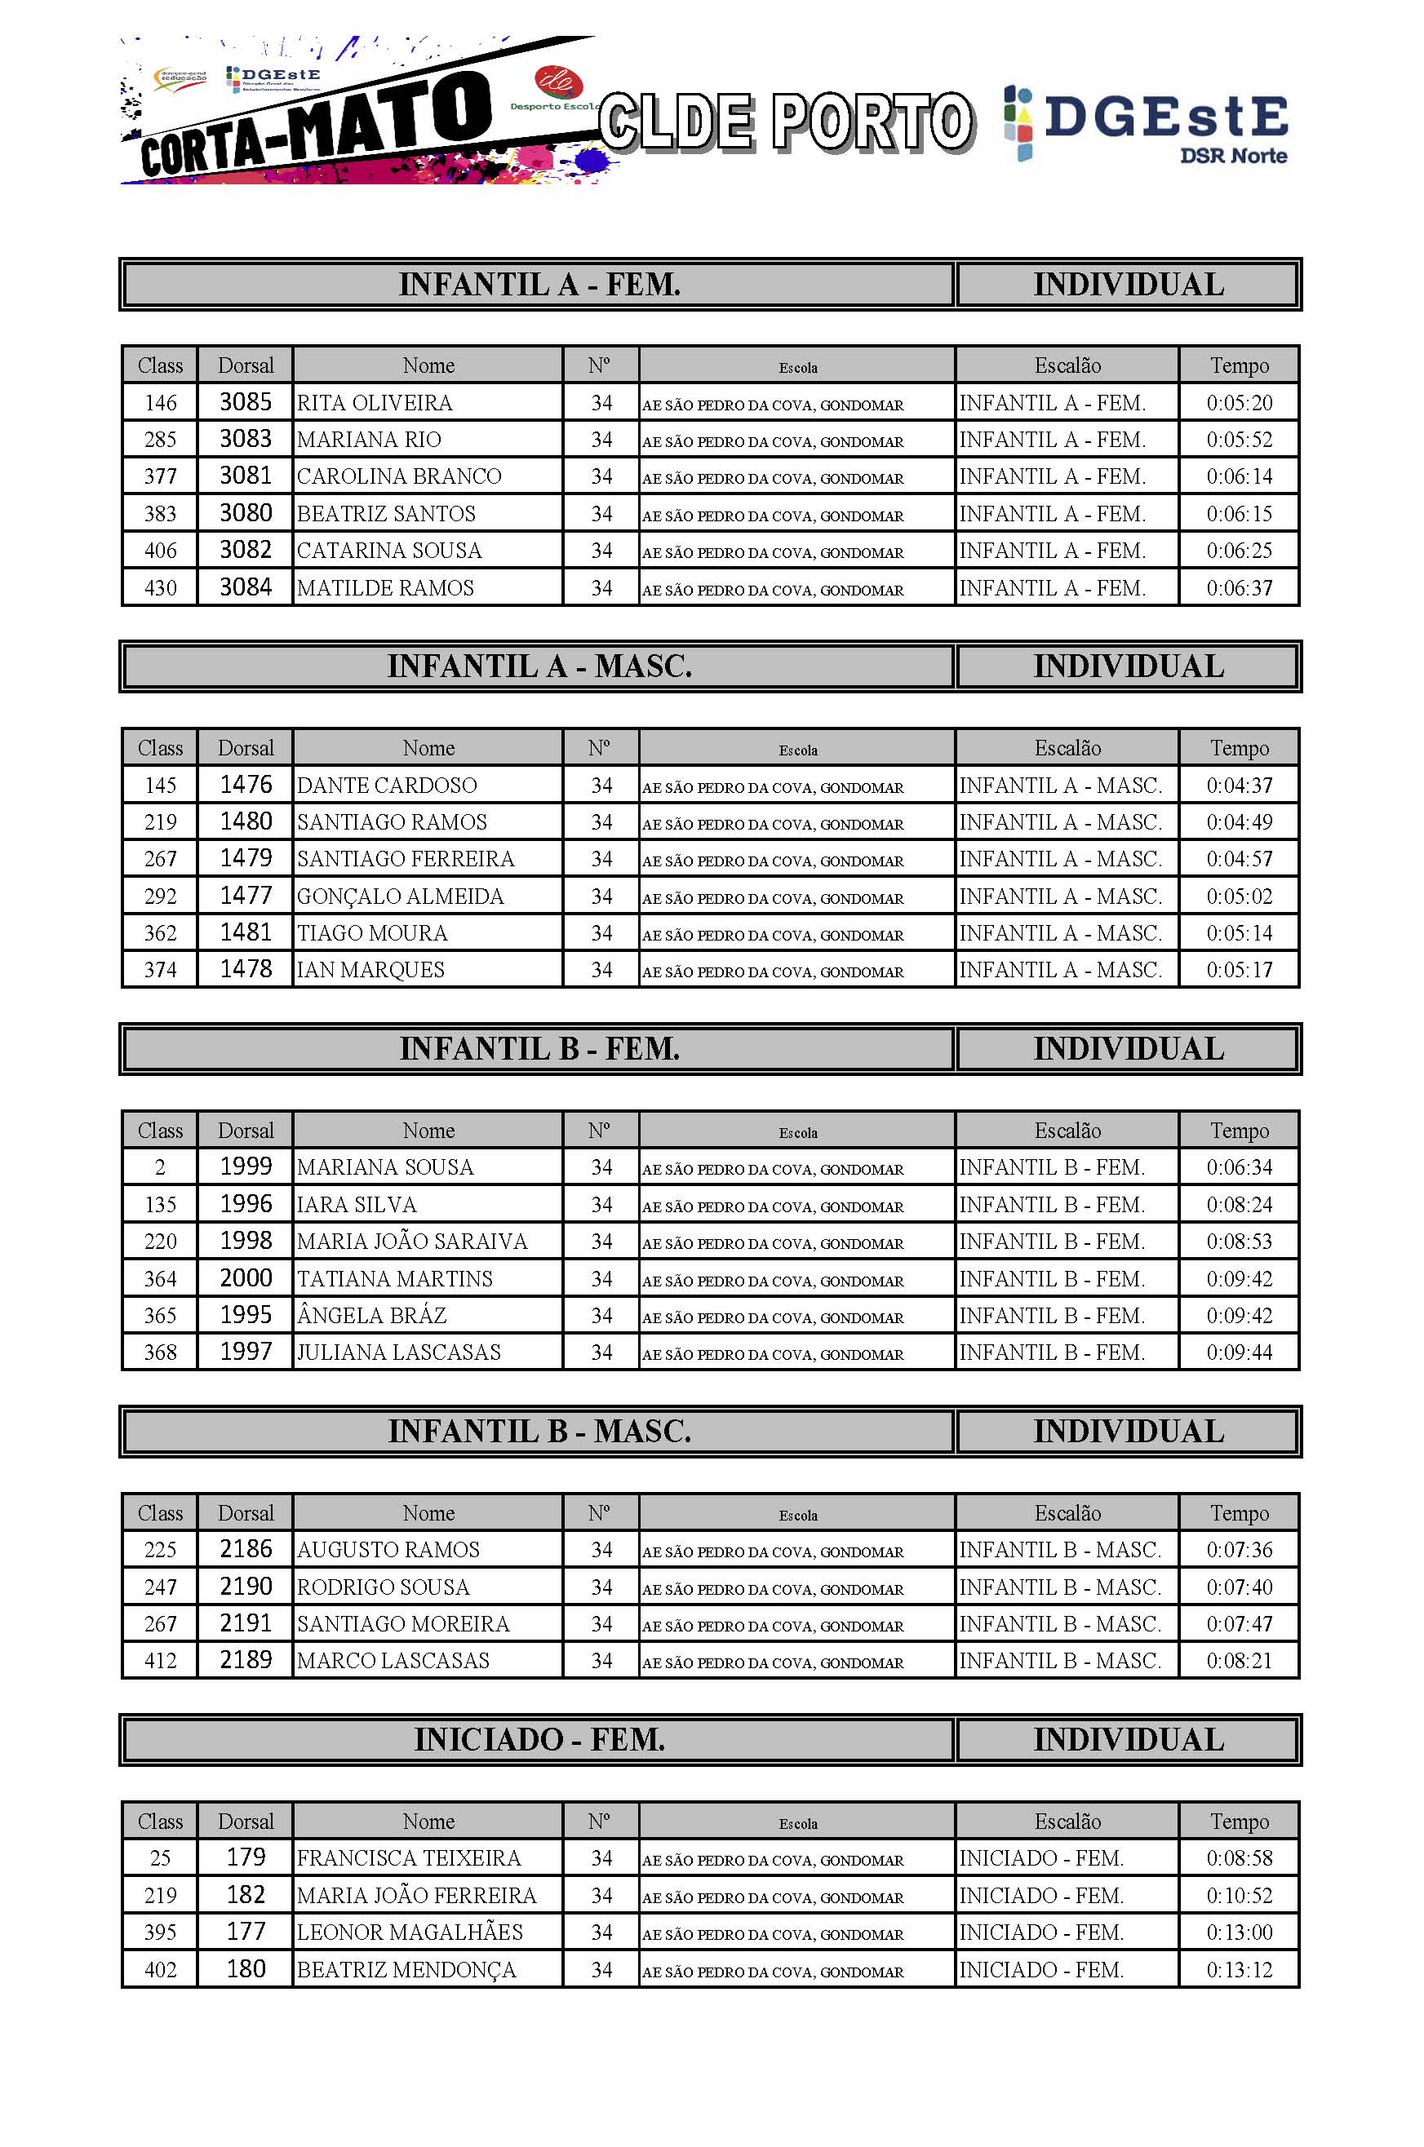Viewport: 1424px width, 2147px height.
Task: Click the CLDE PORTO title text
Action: point(786,122)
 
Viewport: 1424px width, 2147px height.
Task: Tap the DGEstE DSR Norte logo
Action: point(1146,124)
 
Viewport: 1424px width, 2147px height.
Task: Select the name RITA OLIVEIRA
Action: point(375,402)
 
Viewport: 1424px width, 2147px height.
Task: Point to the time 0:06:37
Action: point(1239,587)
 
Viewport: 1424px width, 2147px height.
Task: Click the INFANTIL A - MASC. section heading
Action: point(539,666)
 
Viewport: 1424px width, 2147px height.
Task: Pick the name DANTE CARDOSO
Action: point(386,786)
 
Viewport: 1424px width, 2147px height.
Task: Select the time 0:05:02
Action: point(1239,896)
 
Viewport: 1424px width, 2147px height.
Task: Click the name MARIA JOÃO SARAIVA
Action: point(411,1241)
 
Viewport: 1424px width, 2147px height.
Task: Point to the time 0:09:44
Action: point(1239,1352)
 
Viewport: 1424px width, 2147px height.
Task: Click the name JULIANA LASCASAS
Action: point(399,1352)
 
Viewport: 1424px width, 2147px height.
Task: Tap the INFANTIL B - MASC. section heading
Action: point(539,1432)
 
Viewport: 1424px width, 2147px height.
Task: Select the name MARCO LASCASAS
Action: point(393,1660)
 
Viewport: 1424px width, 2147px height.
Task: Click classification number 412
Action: point(160,1660)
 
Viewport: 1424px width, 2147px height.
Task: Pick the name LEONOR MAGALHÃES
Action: point(410,1932)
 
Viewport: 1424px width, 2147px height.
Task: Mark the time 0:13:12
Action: point(1239,1969)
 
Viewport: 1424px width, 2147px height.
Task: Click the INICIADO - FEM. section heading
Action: point(539,1739)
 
